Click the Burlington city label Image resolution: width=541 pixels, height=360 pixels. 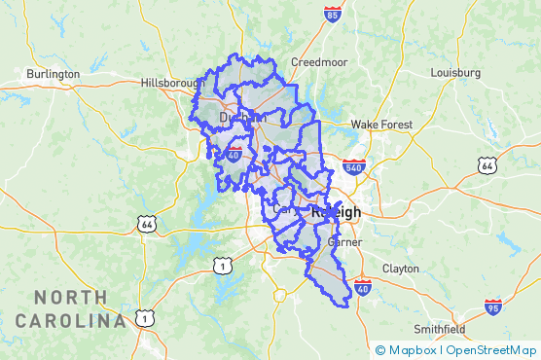[53, 73]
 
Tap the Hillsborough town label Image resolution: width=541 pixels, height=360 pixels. [171, 83]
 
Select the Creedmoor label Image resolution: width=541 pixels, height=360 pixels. [319, 61]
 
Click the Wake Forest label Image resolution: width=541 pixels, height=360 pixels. [381, 125]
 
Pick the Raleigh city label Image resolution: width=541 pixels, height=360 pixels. [335, 212]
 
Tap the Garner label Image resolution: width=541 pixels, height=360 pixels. [344, 241]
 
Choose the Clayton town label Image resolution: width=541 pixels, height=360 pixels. [400, 268]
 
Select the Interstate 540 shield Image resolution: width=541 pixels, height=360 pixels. [354, 166]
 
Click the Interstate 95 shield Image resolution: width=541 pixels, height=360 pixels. [494, 307]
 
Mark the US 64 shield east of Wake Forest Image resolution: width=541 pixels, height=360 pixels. [487, 166]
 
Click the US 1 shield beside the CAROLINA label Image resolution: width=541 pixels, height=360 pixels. [144, 317]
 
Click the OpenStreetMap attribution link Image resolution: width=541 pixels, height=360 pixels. [491, 349]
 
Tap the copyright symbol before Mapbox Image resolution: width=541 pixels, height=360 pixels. [380, 349]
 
